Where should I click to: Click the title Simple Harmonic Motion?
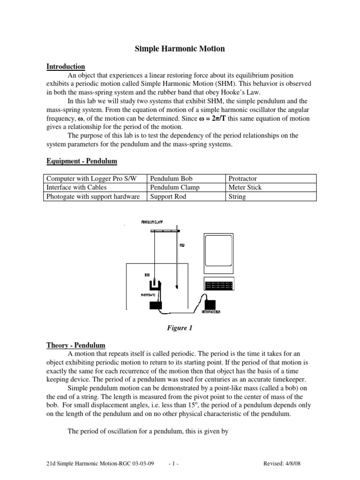[180, 48]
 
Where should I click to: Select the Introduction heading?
[66, 67]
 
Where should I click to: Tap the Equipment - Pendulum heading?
[82, 161]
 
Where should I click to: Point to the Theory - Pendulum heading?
[75, 345]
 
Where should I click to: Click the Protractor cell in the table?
[243, 179]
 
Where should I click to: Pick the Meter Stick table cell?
[245, 187]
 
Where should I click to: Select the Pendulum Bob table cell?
[171, 179]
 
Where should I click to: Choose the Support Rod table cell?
[168, 196]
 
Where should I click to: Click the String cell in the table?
[237, 196]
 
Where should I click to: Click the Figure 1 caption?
[180, 328]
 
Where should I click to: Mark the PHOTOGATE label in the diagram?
[149, 295]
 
